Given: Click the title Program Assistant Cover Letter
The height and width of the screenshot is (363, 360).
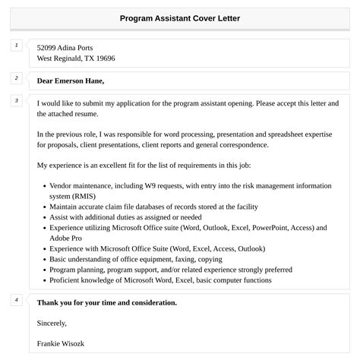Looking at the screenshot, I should (x=180, y=17).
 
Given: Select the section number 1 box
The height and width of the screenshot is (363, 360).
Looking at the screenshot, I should (x=16, y=46).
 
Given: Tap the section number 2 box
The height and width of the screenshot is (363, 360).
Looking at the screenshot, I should (x=16, y=78).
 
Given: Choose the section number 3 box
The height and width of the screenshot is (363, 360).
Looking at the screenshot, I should (x=16, y=101).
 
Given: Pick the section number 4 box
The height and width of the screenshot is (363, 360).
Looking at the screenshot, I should (x=16, y=300).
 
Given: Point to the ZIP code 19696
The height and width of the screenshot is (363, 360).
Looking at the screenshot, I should (x=105, y=58).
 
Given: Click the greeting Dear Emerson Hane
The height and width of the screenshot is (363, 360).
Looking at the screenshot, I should (x=70, y=80).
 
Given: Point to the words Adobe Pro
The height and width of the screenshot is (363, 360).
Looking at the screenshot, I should (x=65, y=238).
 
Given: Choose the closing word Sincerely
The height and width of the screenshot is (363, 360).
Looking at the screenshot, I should (x=52, y=323).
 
